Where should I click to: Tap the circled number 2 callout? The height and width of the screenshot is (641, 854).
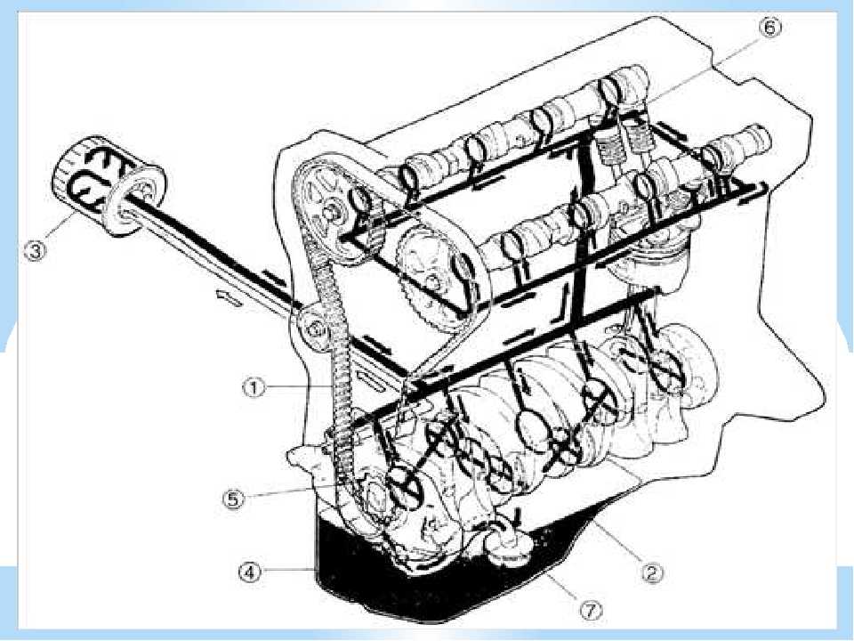point(652,572)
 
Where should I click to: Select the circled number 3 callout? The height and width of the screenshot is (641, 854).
point(35,251)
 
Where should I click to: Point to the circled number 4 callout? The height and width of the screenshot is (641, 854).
point(249,572)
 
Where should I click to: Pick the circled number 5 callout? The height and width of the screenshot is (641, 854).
point(233,499)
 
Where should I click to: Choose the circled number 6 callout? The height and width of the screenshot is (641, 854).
point(769,27)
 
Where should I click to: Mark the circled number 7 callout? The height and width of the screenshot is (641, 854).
point(591,611)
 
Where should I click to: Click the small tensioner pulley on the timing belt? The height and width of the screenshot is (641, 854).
point(315,329)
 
